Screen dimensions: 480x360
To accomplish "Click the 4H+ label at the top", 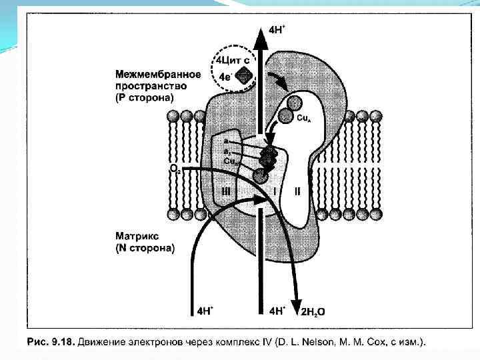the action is [x=278, y=29].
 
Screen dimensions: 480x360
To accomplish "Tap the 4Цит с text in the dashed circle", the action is [x=230, y=61].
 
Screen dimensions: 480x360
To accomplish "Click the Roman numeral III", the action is [x=227, y=191].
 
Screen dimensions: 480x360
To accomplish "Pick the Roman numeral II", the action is [x=297, y=191].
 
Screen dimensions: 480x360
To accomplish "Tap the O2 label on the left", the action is [x=175, y=170].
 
